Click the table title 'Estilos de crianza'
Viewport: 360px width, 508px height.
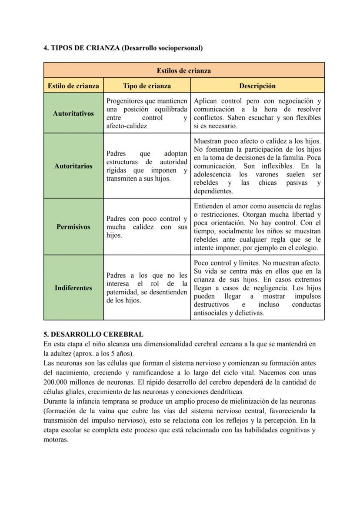184,70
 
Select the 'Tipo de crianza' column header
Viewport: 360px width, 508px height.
147,86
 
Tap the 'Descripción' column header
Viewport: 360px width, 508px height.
257,86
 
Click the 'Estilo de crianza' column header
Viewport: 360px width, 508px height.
73,86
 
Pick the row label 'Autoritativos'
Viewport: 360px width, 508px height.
73,113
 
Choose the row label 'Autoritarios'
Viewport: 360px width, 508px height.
73,166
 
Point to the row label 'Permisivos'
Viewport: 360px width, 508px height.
73,227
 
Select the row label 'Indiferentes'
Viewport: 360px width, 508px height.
73,288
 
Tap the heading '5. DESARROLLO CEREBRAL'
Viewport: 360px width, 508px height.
93,334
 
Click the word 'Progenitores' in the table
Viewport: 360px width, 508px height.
126,101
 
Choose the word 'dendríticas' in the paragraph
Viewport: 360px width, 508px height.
227,391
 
